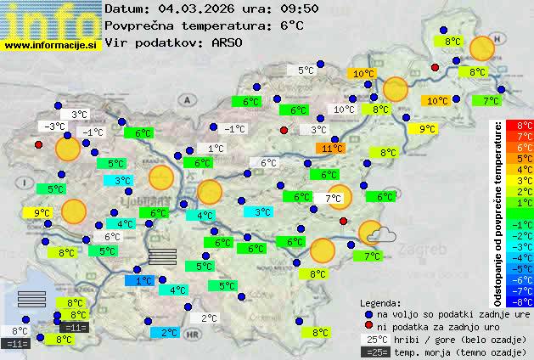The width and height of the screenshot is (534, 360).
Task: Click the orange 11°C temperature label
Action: (x=332, y=148)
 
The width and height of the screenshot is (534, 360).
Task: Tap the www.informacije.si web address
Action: (x=51, y=45)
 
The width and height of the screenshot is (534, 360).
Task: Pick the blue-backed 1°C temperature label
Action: (x=143, y=280)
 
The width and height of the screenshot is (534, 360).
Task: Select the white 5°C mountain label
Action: (x=306, y=71)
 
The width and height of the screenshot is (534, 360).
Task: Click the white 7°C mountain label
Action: (x=333, y=199)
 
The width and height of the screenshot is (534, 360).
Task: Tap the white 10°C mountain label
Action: (x=344, y=110)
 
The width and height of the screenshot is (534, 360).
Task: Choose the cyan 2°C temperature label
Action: (x=168, y=332)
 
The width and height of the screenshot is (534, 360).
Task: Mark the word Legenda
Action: (x=380, y=302)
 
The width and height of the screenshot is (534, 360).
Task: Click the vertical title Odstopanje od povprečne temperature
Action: (x=499, y=212)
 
